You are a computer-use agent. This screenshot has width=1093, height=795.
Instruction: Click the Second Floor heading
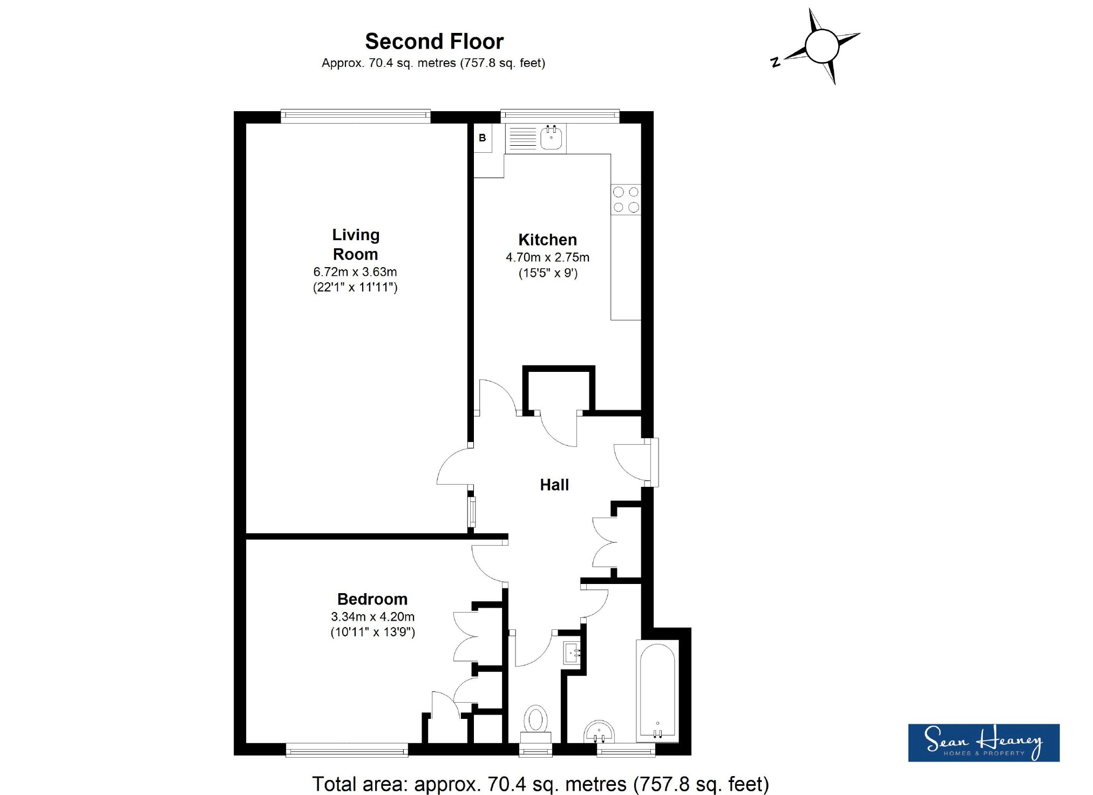pyautogui.click(x=434, y=42)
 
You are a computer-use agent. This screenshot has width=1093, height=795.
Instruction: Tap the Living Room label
pyautogui.click(x=356, y=244)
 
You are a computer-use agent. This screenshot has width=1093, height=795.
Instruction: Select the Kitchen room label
pyautogui.click(x=547, y=240)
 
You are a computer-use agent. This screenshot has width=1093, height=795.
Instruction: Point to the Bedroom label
pyautogui.click(x=372, y=599)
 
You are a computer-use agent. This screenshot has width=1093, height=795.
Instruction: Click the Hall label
pyautogui.click(x=554, y=485)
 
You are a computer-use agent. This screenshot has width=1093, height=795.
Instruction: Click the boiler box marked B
pyautogui.click(x=483, y=138)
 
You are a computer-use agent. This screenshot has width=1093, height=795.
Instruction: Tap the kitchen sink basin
pyautogui.click(x=551, y=138)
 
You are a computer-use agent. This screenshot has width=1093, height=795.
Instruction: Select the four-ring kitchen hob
pyautogui.click(x=626, y=200)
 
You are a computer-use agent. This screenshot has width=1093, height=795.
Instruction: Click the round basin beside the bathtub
pyautogui.click(x=599, y=732)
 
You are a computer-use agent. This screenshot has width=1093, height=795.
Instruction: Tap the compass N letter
pyautogui.click(x=776, y=63)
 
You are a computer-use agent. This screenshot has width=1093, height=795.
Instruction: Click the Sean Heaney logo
pyautogui.click(x=983, y=743)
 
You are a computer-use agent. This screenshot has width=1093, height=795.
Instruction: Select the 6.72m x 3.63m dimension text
pyautogui.click(x=355, y=272)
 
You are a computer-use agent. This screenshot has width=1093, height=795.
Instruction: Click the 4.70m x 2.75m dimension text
pyautogui.click(x=547, y=257)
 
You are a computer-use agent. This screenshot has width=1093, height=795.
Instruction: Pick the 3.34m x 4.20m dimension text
pyautogui.click(x=372, y=616)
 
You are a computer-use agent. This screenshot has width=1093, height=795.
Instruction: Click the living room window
pyautogui.click(x=356, y=116)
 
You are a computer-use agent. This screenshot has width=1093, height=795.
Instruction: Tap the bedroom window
pyautogui.click(x=347, y=750)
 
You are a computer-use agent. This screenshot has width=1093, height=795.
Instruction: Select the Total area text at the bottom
pyautogui.click(x=540, y=784)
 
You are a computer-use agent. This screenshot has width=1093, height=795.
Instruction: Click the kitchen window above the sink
pyautogui.click(x=560, y=116)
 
